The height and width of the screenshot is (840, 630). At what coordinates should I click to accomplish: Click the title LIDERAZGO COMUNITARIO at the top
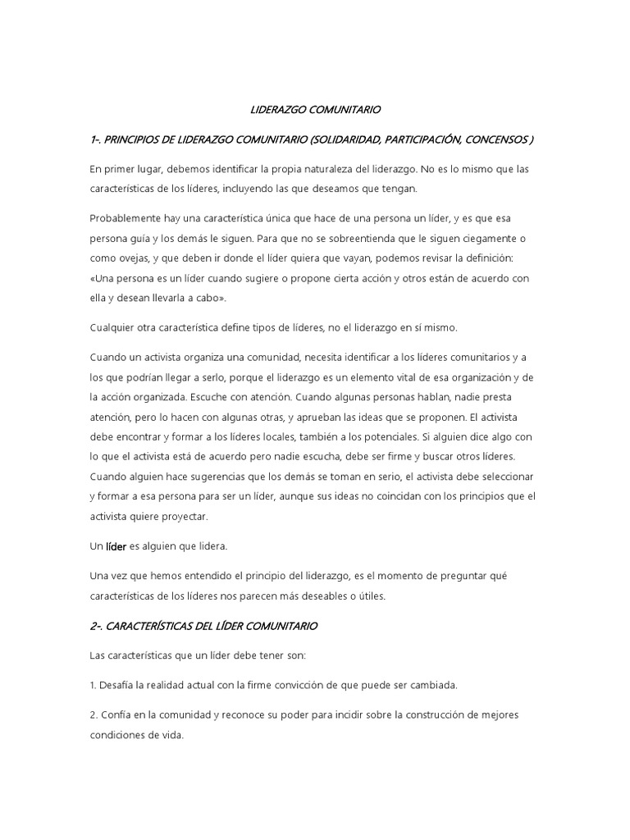(x=315, y=108)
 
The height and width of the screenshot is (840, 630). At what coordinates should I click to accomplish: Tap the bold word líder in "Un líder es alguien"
(x=114, y=546)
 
